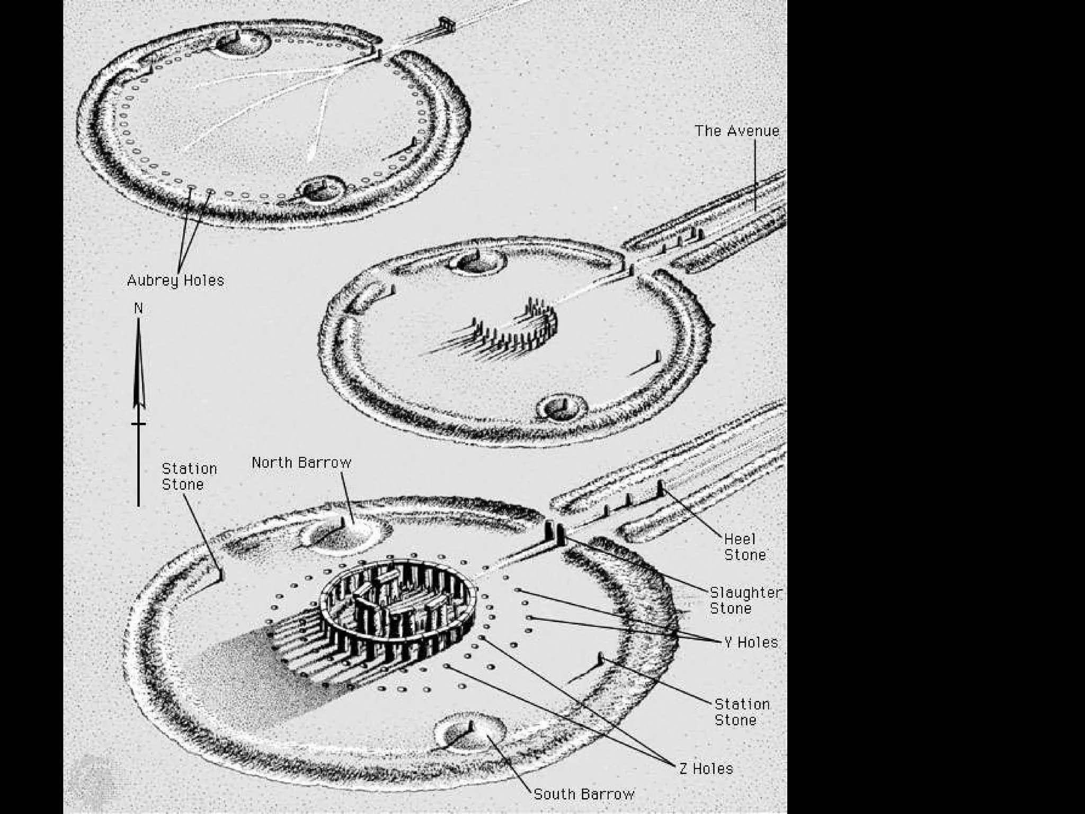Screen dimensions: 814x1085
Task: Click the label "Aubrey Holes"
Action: [x=175, y=280]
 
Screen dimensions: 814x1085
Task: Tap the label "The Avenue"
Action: [x=737, y=131]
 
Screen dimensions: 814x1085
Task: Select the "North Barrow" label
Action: [x=301, y=463]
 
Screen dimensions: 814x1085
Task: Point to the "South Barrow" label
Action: [x=583, y=794]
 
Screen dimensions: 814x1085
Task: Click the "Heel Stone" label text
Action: [x=745, y=547]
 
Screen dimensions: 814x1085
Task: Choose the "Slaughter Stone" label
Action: [x=745, y=600]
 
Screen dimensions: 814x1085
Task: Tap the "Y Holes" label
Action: [x=751, y=642]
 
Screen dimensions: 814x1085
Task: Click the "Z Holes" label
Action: [x=706, y=768]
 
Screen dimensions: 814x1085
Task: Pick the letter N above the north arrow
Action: [x=139, y=308]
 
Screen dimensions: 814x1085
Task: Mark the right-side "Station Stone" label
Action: [x=742, y=712]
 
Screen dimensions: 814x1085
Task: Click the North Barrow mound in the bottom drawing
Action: [x=344, y=533]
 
